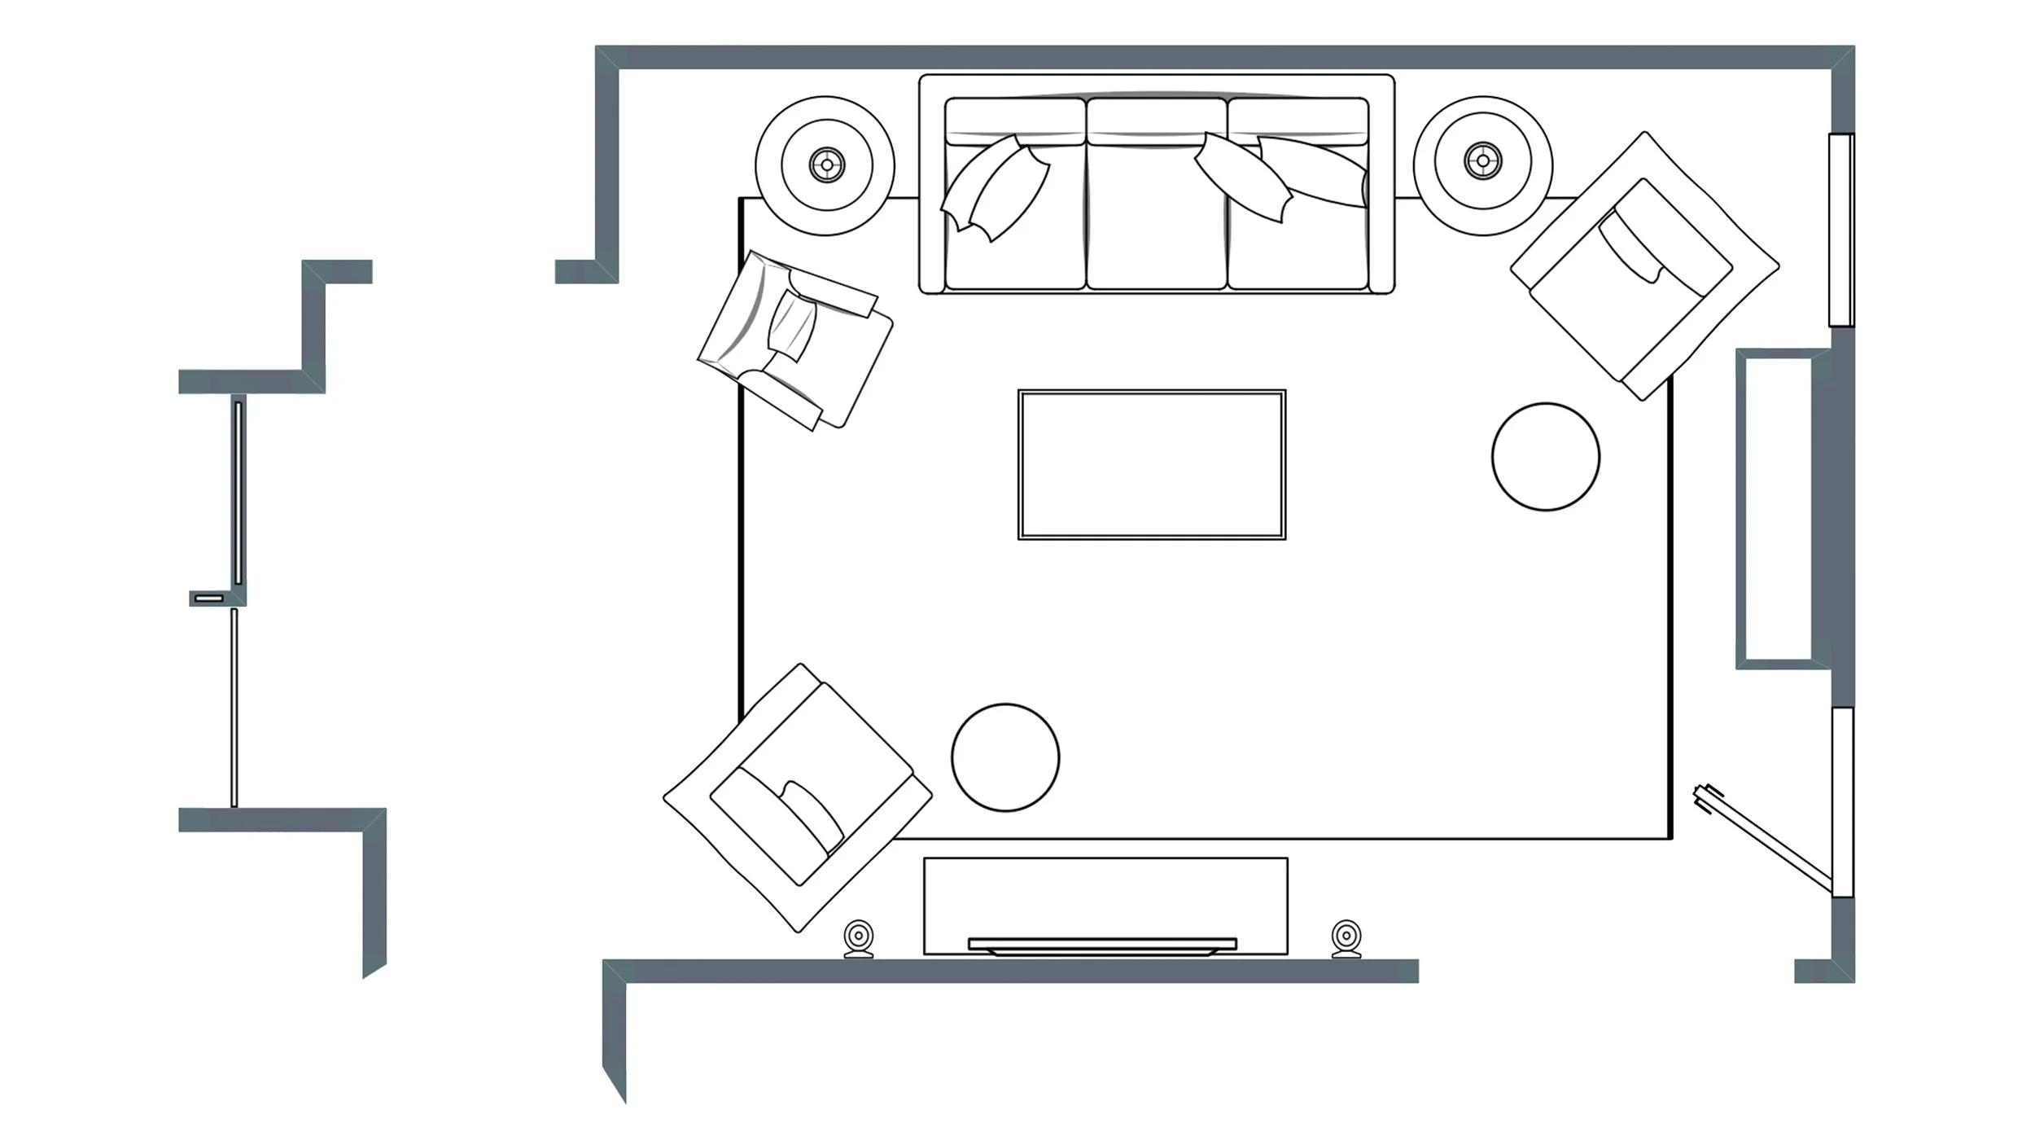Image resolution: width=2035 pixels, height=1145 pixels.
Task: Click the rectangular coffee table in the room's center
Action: (1151, 464)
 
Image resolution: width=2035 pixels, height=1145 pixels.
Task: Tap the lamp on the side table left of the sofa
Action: (827, 165)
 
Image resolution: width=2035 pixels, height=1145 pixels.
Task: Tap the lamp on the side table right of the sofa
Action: (1482, 160)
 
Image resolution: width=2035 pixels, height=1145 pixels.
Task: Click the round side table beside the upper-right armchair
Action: (1545, 457)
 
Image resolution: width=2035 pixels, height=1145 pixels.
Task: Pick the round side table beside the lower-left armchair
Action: (1005, 757)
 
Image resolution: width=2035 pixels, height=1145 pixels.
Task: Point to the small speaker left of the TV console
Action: (859, 938)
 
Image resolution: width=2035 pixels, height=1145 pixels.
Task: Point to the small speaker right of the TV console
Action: (1346, 938)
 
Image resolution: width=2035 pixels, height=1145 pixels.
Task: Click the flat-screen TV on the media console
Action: (1102, 945)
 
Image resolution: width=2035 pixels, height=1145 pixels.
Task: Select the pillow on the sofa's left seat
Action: (995, 189)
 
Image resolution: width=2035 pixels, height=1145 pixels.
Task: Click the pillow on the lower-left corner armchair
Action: (812, 814)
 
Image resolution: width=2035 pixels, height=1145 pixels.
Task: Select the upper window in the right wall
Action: (1840, 230)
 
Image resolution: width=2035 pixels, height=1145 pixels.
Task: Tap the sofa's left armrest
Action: (932, 183)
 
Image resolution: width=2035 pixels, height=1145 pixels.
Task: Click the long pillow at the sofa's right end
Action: (1312, 171)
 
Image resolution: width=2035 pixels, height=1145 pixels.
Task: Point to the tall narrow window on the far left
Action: (239, 493)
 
